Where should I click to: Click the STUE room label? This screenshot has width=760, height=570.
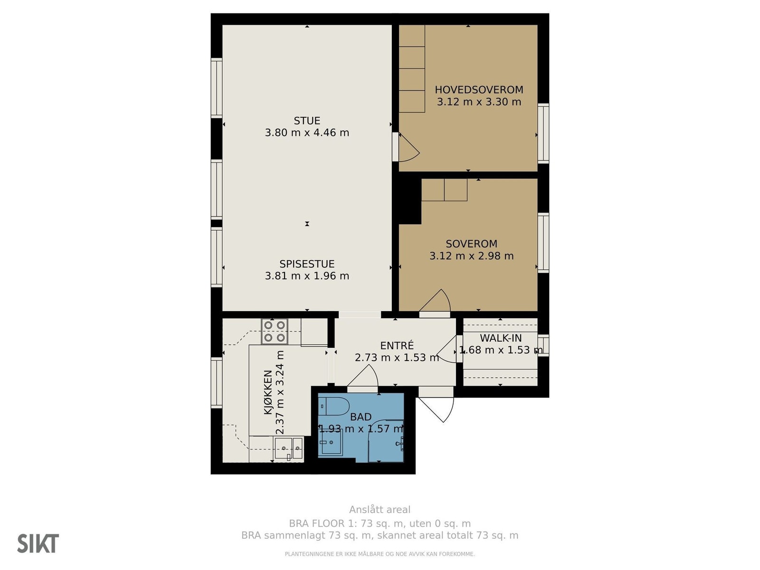click(x=307, y=121)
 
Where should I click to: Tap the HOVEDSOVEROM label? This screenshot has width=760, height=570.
click(x=479, y=90)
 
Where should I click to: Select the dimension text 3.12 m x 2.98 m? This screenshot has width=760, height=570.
click(x=471, y=256)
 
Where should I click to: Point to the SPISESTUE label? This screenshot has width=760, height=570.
click(x=307, y=264)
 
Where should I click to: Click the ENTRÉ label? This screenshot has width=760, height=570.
click(x=397, y=345)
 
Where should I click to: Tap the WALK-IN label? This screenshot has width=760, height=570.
click(x=501, y=338)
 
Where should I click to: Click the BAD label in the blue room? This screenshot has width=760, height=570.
click(x=361, y=417)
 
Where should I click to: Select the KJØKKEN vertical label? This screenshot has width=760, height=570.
click(x=267, y=392)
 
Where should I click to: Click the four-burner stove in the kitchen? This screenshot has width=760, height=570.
click(x=275, y=331)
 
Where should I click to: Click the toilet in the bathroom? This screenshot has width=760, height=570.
click(x=334, y=406)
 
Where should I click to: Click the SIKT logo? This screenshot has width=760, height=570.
click(x=38, y=543)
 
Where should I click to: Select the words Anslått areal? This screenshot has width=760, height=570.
click(x=380, y=510)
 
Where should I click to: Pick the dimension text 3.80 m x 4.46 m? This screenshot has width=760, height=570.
click(x=307, y=133)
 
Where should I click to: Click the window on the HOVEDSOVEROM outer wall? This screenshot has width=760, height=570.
click(x=543, y=133)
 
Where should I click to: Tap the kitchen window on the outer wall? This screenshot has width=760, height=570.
click(x=217, y=383)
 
